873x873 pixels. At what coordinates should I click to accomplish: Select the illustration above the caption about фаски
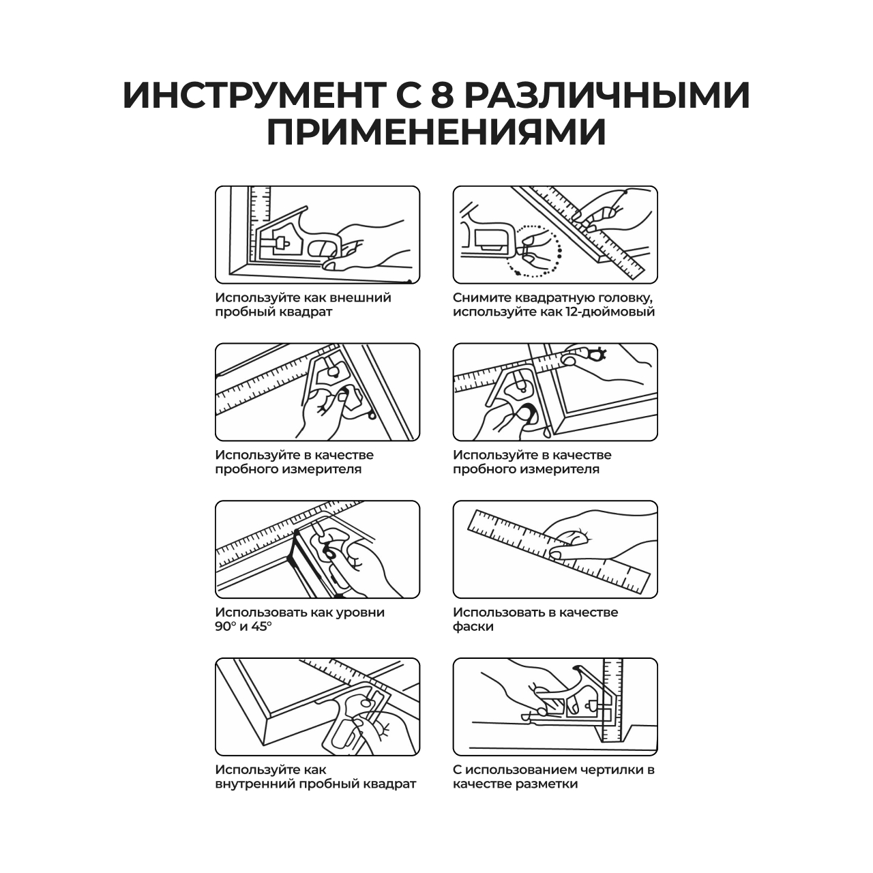[555, 550]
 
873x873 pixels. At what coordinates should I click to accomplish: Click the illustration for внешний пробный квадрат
[317, 235]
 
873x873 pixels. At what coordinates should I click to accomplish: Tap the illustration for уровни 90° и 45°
[317, 550]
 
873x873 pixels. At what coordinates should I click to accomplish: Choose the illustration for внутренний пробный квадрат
[317, 707]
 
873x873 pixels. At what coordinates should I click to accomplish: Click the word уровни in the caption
[359, 612]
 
